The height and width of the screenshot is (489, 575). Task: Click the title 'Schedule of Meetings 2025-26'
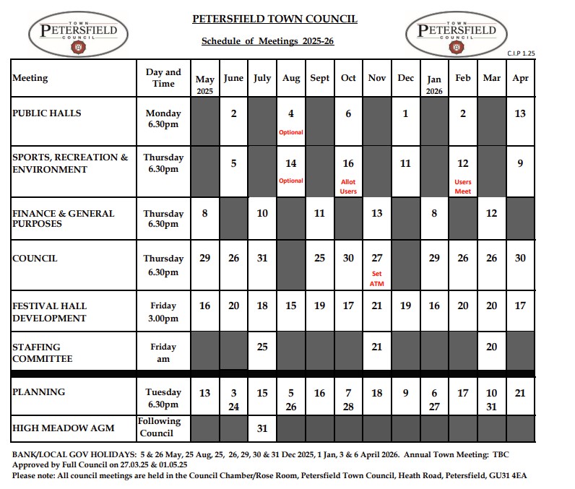[267, 41]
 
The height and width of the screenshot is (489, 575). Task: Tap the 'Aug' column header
[291, 78]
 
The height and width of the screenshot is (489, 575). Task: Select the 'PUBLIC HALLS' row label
[47, 113]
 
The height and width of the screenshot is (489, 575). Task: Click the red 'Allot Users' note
[348, 186]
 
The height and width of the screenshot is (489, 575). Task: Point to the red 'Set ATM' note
[376, 279]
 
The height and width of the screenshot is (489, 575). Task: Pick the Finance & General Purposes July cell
[262, 214]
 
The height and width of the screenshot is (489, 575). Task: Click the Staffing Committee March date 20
[491, 347]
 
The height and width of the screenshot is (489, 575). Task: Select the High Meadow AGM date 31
[262, 428]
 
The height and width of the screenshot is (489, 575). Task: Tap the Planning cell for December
[405, 393]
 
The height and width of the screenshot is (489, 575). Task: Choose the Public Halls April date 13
[520, 113]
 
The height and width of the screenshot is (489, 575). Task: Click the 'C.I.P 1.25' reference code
[520, 53]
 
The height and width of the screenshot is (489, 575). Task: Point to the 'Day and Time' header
[163, 78]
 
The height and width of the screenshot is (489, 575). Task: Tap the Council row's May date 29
[205, 259]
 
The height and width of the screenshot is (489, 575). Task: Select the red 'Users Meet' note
[463, 186]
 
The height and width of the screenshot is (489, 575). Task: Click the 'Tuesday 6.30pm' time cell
[163, 399]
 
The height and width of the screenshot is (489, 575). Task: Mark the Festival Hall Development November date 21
[376, 306]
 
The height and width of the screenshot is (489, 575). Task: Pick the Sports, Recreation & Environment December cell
[405, 164]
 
